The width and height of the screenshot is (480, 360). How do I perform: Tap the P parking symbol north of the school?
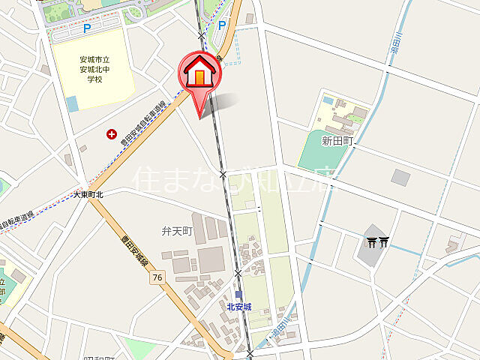tap(87, 28)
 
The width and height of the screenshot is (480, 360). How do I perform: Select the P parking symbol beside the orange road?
tap(221, 25)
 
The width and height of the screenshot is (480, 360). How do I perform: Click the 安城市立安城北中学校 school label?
tap(94, 68)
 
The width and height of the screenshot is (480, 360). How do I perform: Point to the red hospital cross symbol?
tap(112, 134)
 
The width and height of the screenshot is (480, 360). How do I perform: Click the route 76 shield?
tap(156, 277)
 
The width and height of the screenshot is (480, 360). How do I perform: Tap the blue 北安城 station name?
tap(238, 307)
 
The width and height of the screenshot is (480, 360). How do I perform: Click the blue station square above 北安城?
tap(238, 295)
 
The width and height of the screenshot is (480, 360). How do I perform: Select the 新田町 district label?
tap(337, 140)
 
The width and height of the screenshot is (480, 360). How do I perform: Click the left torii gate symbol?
tap(372, 241)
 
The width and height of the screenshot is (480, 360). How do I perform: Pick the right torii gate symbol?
tap(384, 241)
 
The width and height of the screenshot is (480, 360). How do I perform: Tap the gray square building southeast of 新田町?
tap(400, 177)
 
